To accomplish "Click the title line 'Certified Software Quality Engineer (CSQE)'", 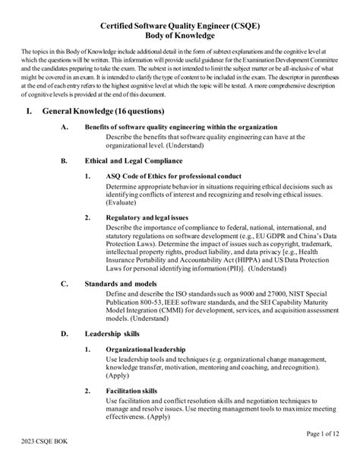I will click(180, 26).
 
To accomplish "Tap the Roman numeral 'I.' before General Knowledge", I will click(30, 110).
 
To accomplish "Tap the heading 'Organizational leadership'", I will click(146, 349).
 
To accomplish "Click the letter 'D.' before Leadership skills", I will click(64, 334).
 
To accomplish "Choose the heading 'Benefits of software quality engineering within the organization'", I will click(196, 127).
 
